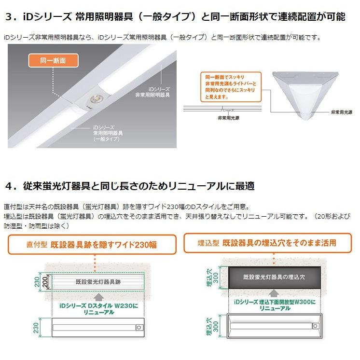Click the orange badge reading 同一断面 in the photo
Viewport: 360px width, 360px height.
point(54,61)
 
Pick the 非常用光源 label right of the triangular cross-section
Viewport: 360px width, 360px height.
point(342,112)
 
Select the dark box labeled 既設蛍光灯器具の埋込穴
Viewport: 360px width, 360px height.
point(274,277)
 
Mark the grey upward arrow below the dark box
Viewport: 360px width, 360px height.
point(274,292)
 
